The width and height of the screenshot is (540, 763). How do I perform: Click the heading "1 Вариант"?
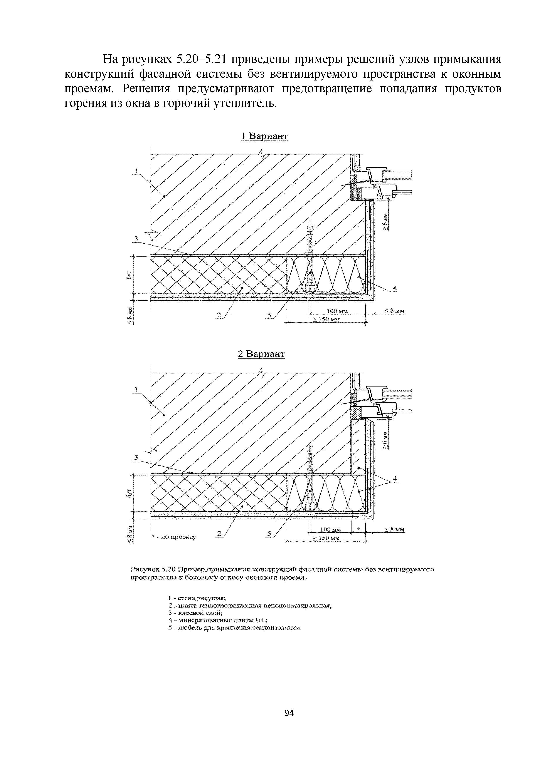[264, 136]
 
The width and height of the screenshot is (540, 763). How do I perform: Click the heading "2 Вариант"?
[262, 354]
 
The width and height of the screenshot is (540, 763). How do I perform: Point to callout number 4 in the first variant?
[395, 288]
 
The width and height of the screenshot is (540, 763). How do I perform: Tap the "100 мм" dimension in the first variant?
[337, 311]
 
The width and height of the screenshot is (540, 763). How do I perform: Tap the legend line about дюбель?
[235, 628]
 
